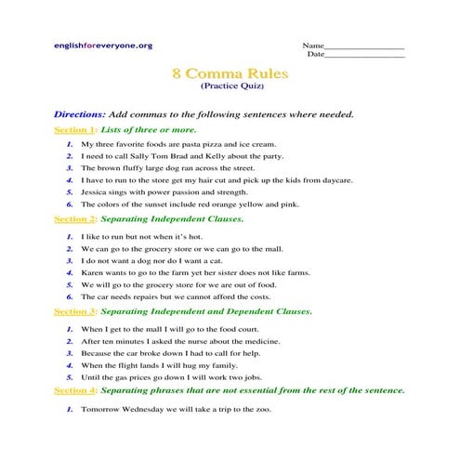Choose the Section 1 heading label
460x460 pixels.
(74, 129)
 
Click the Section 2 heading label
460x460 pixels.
(74, 219)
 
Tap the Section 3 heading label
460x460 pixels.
(74, 310)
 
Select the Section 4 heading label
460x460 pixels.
(74, 390)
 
